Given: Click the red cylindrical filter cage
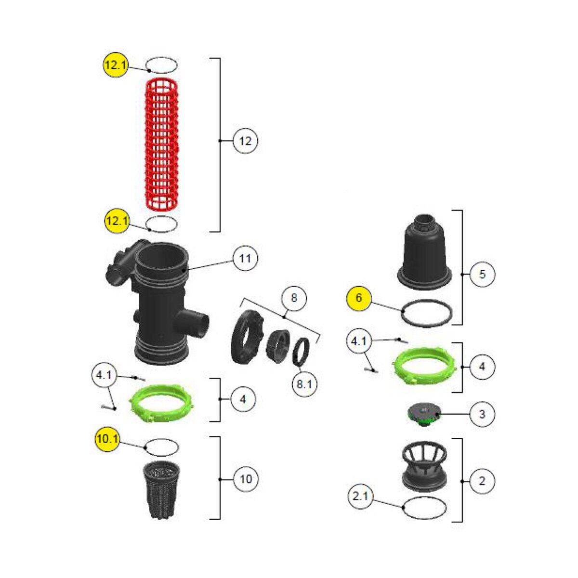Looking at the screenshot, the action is [x=161, y=144].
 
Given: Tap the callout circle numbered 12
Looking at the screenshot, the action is [x=245, y=141].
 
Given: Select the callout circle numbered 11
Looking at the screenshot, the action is [x=245, y=258].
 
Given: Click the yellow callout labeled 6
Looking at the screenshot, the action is [x=359, y=298].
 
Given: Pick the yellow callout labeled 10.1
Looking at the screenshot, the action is [x=107, y=439].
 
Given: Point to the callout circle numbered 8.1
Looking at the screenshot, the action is [x=304, y=384].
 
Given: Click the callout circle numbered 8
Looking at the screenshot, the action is [x=294, y=298].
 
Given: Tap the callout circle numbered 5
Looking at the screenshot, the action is [x=482, y=274].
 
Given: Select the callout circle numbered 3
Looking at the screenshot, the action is [x=482, y=414].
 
